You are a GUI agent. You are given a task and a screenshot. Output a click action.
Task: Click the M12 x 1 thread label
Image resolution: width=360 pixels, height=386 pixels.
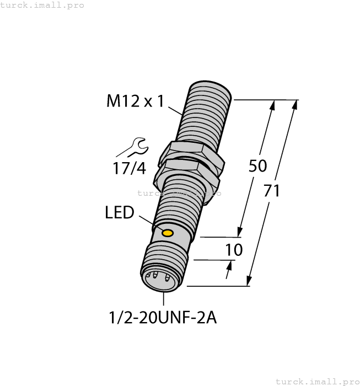tap(135, 101)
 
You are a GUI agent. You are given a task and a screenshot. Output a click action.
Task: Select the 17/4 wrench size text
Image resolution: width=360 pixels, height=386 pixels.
tap(130, 168)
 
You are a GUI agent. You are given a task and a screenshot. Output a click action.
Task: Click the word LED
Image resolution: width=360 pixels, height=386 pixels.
tap(119, 212)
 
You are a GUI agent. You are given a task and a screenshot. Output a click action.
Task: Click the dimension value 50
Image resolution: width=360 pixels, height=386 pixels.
tap(257, 165)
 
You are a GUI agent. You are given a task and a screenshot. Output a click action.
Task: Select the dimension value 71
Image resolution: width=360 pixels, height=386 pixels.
tap(271, 191)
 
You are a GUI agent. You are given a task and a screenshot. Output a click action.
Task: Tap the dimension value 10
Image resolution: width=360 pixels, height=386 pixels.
tap(234, 250)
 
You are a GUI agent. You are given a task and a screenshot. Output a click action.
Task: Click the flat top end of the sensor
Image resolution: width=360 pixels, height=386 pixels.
tap(209, 87)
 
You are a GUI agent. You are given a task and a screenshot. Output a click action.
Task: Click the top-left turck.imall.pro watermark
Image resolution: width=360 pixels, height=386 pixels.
tap(42, 5)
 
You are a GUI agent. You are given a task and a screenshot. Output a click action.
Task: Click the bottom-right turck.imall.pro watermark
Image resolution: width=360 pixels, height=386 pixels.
tap(316, 381)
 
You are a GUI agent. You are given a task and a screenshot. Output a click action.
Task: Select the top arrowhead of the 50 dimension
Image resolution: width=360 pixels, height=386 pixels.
tap(272, 104)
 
